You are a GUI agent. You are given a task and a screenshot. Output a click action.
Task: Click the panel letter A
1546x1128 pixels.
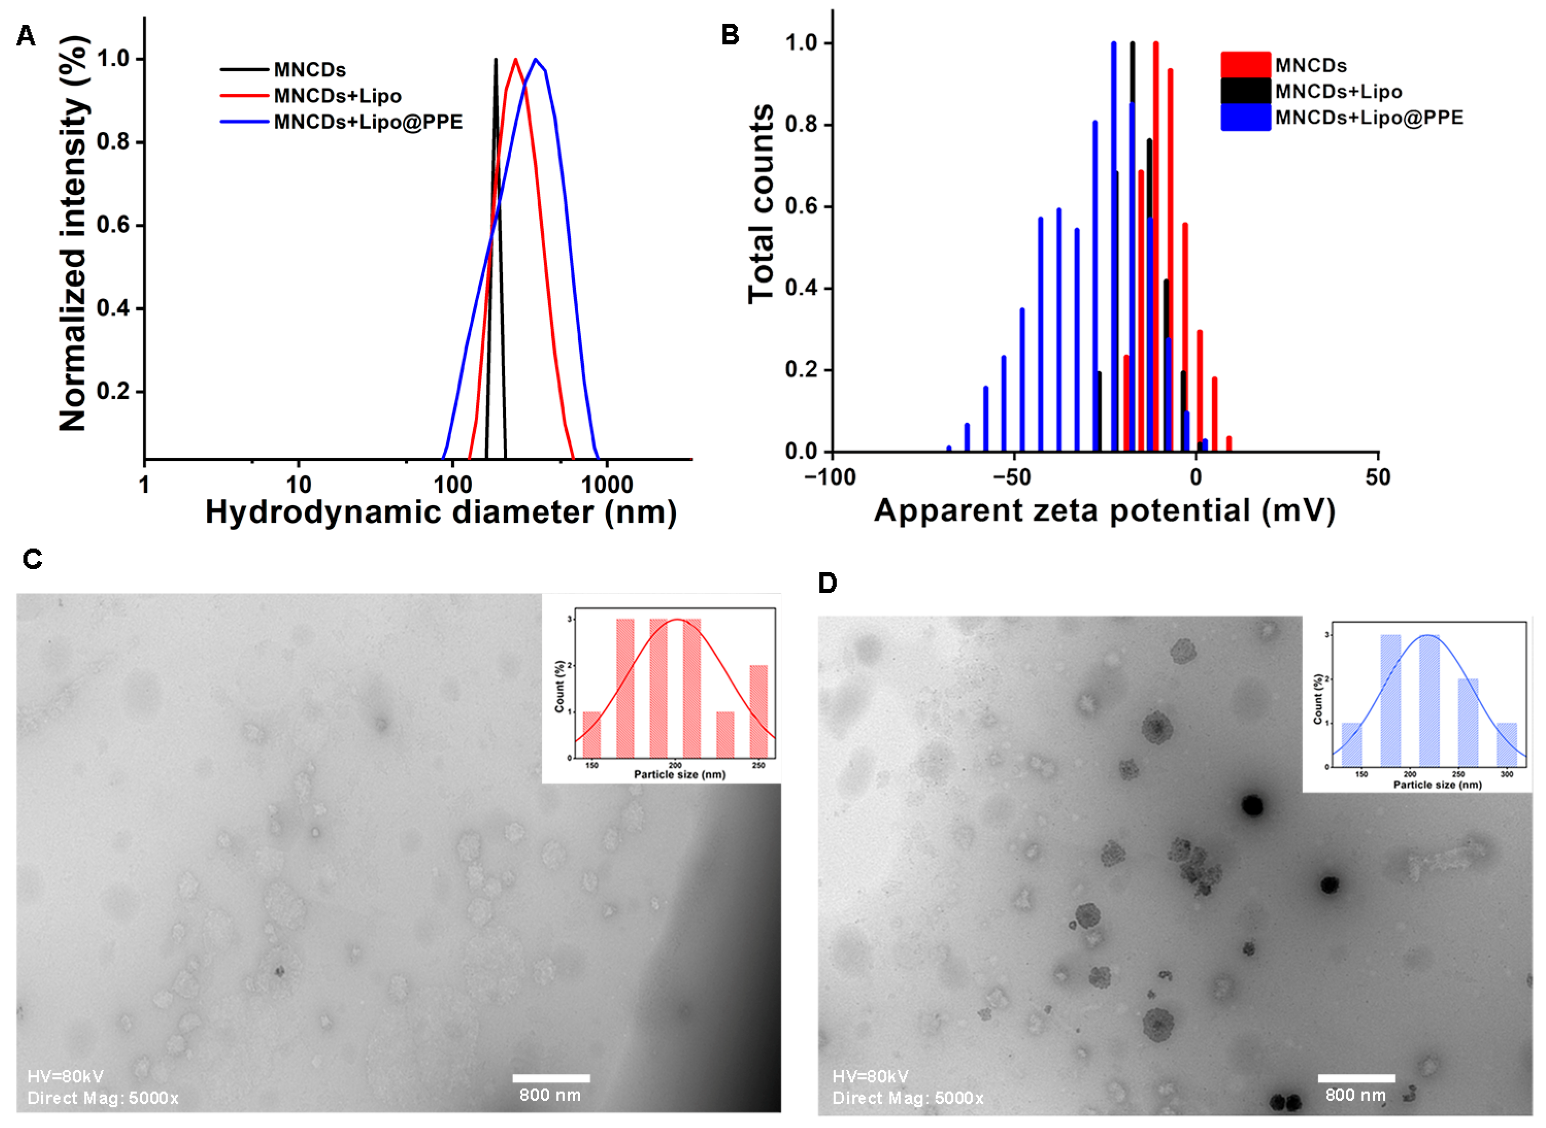(x=25, y=35)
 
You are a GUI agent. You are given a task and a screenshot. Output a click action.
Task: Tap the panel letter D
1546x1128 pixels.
(x=827, y=583)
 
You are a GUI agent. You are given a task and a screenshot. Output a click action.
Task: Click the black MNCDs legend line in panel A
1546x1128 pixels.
(x=244, y=70)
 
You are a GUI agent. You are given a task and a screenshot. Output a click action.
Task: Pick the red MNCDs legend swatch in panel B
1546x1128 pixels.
(x=1245, y=65)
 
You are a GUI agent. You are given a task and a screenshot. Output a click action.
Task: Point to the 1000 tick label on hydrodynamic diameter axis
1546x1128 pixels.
(x=606, y=485)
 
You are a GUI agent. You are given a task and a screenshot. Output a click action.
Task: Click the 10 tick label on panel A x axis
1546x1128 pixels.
(x=299, y=485)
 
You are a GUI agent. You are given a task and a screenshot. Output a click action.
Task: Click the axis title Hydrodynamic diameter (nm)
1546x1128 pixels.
(x=440, y=512)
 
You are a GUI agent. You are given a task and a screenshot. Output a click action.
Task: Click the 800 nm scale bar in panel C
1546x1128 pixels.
(x=551, y=1078)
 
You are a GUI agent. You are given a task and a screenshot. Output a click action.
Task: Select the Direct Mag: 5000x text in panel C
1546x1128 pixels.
(x=103, y=1098)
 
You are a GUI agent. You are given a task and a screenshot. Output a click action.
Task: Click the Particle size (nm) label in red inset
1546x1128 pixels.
(x=680, y=774)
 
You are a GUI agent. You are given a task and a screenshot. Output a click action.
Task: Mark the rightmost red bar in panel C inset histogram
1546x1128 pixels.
(x=759, y=711)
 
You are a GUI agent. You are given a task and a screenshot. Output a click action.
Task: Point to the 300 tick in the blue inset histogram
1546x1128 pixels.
(x=1506, y=774)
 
